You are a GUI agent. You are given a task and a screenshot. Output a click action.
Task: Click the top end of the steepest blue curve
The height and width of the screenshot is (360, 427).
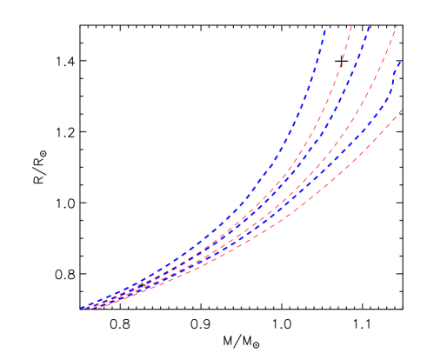click(325, 26)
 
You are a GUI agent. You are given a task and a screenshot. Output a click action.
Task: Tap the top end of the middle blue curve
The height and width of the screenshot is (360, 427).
click(369, 26)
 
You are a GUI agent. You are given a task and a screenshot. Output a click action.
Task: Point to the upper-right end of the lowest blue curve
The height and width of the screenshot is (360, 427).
click(399, 63)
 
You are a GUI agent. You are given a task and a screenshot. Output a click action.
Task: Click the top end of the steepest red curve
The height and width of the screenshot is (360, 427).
click(351, 26)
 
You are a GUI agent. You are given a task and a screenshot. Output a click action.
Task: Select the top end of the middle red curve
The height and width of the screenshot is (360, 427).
click(397, 26)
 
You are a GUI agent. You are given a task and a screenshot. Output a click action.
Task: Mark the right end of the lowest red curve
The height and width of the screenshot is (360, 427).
click(402, 110)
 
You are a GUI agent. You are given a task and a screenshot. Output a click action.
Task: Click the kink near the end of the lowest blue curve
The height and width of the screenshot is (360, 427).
click(392, 90)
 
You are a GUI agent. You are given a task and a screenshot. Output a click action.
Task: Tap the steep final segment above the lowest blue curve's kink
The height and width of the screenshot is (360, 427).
click(396, 77)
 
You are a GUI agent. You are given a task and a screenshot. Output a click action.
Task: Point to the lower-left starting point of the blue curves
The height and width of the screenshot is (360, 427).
click(81, 308)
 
